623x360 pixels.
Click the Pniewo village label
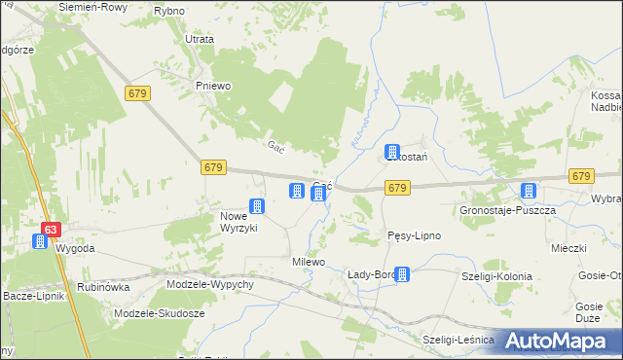(x=212, y=86)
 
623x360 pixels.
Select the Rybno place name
(x=168, y=10)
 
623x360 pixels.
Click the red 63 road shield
(x=52, y=230)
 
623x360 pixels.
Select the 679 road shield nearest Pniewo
(x=136, y=91)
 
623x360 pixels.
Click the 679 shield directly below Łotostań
(x=395, y=187)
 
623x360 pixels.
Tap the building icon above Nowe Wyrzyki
(x=257, y=205)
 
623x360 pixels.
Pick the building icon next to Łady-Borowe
(x=402, y=275)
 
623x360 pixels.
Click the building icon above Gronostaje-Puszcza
(x=529, y=191)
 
